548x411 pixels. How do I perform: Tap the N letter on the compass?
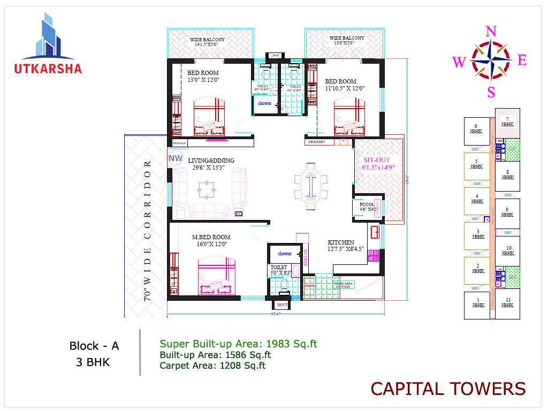point(490,32)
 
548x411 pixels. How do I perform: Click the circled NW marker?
point(175,158)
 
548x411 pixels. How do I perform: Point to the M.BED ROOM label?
point(211,237)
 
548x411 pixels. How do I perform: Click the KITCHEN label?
point(341,242)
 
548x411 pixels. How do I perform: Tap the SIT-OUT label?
point(377,160)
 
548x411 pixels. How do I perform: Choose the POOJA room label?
point(367,204)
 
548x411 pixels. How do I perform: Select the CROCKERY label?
point(316,142)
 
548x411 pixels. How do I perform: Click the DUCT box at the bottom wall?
point(282,305)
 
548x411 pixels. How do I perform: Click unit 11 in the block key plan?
point(507,302)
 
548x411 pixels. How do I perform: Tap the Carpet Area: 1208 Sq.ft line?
point(212,366)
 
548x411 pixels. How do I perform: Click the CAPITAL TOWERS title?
point(448,389)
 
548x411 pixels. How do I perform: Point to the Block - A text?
point(94,346)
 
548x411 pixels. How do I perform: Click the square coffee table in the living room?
point(207,188)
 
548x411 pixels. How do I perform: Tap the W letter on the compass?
point(459,63)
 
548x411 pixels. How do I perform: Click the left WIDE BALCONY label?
point(208,40)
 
